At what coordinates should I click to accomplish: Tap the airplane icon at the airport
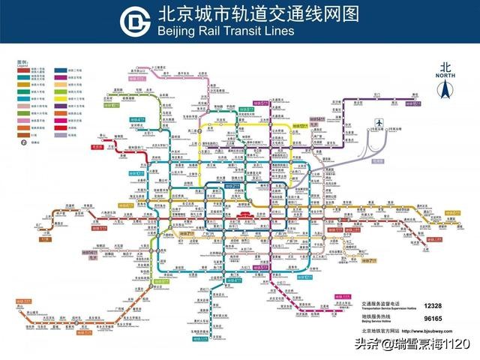coord(379,122)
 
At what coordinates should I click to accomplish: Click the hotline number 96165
coord(432,318)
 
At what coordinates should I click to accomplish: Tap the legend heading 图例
coord(21,61)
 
